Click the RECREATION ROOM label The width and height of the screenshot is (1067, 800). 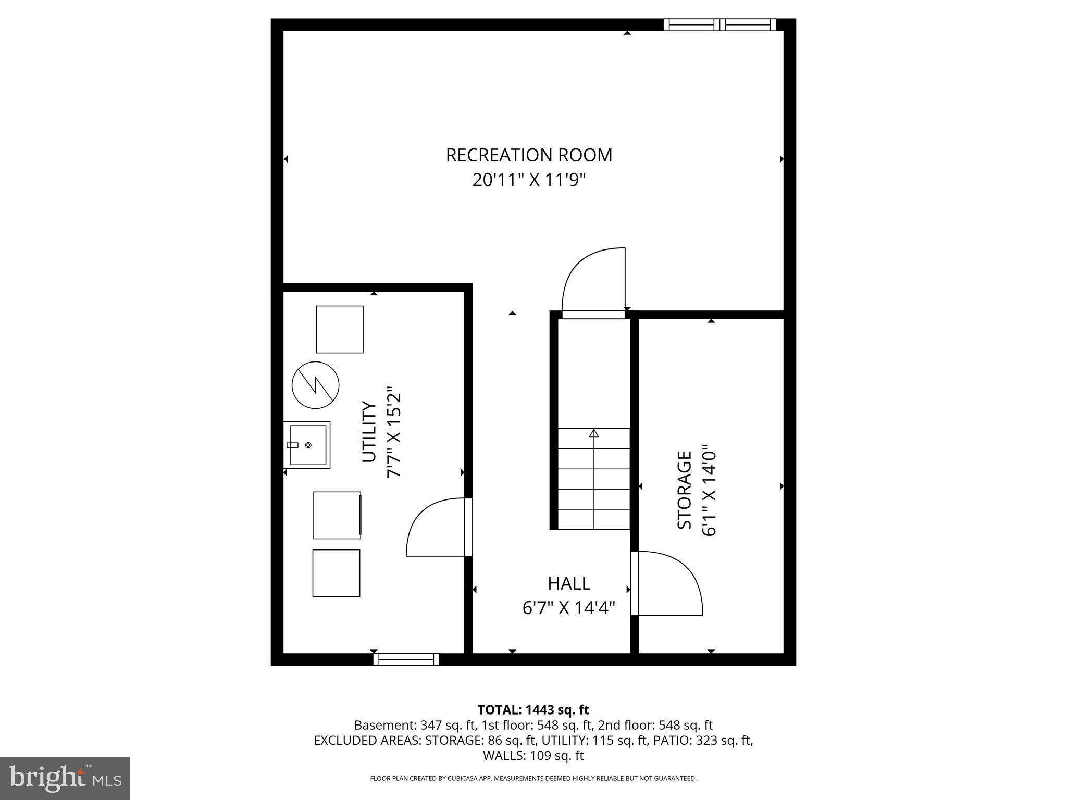pyautogui.click(x=529, y=155)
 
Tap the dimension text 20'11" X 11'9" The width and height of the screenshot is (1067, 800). pyautogui.click(x=529, y=180)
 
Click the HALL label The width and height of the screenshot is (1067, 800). pyautogui.click(x=569, y=583)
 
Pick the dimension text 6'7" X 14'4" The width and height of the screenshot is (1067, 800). pyautogui.click(x=569, y=608)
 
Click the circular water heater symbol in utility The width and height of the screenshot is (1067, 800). pyautogui.click(x=315, y=385)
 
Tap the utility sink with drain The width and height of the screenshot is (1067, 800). pyautogui.click(x=307, y=445)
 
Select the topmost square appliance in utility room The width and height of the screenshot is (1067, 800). pyautogui.click(x=340, y=329)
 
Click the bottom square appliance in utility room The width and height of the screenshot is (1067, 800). pyautogui.click(x=336, y=573)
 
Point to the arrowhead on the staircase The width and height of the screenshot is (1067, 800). pyautogui.click(x=594, y=433)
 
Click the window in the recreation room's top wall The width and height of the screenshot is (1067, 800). pyautogui.click(x=719, y=24)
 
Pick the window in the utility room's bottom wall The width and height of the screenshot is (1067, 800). pyautogui.click(x=406, y=659)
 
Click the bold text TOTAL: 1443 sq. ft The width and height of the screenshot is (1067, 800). pyautogui.click(x=533, y=710)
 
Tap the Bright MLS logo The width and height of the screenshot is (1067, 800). pyautogui.click(x=65, y=778)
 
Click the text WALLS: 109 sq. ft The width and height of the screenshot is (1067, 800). pyautogui.click(x=533, y=756)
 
